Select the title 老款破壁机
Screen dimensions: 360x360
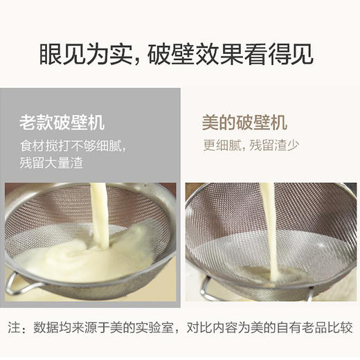pyautogui.click(x=62, y=123)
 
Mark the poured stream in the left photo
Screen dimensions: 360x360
pyautogui.click(x=100, y=208)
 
